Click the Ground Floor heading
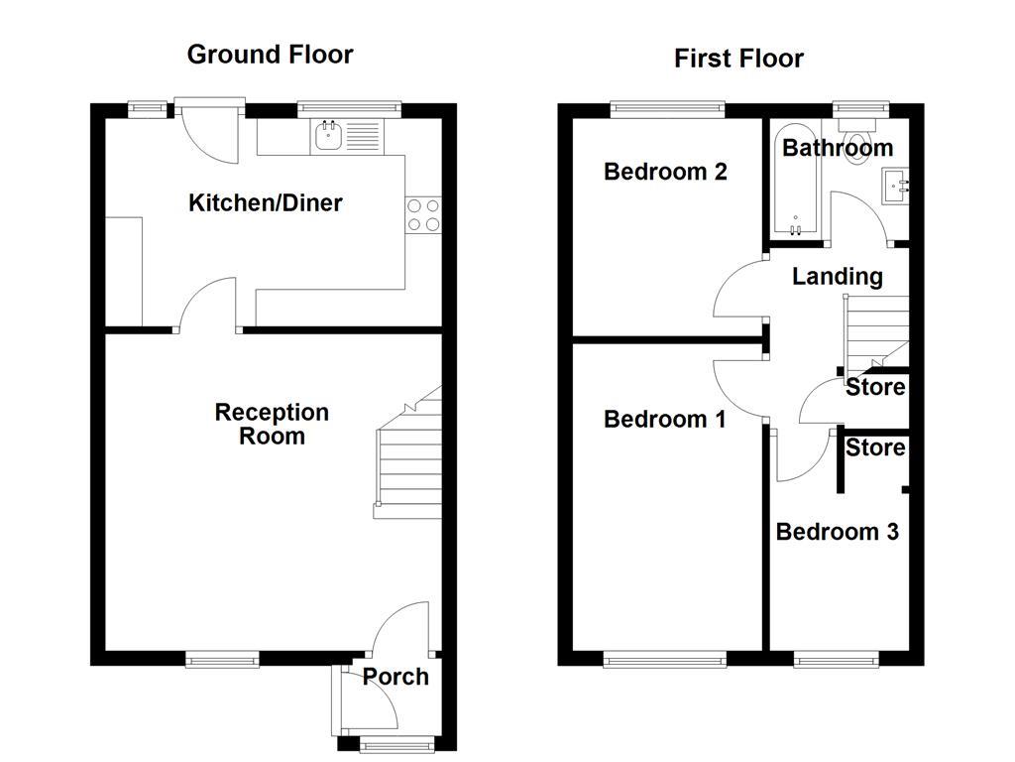tap(270, 54)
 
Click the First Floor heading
tap(738, 59)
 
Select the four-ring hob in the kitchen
tap(423, 215)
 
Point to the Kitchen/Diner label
tap(266, 203)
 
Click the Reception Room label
tap(272, 425)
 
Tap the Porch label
tap(395, 677)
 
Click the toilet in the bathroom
tap(853, 130)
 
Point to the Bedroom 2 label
tap(665, 172)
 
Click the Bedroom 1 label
tap(665, 420)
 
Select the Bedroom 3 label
tap(837, 532)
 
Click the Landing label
tap(837, 277)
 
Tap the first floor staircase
tap(875, 331)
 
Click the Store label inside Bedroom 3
tap(875, 448)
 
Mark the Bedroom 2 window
tap(667, 107)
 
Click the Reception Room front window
tap(223, 657)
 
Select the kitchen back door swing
tap(210, 134)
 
